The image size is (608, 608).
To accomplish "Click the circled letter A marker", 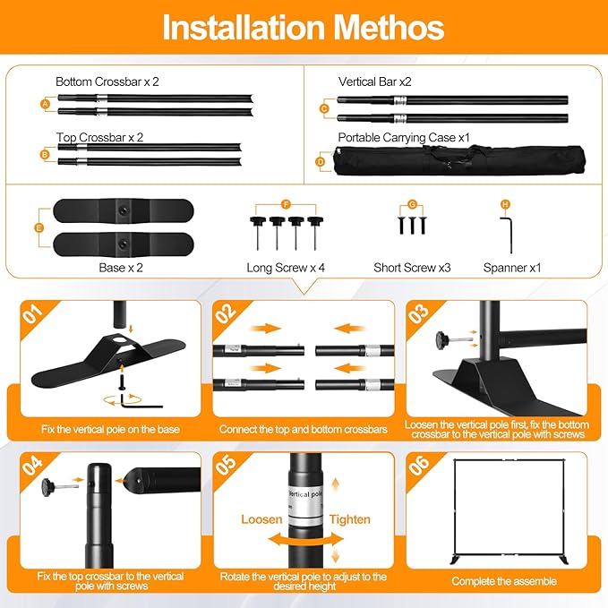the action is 46,104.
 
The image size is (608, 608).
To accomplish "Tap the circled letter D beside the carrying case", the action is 321,161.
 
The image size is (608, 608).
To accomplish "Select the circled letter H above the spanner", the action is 505,204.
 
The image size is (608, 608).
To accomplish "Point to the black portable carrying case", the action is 459,160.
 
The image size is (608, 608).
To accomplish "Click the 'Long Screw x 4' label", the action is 286,268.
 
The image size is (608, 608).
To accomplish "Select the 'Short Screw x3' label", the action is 412,268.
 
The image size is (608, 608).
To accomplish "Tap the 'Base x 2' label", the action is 121,268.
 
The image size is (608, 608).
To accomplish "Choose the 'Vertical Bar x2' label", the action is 374,81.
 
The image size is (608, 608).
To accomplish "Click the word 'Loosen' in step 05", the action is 261,519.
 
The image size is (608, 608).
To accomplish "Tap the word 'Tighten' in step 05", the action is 350,519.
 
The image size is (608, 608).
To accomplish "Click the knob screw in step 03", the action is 452,340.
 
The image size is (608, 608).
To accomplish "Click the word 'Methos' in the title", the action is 389,27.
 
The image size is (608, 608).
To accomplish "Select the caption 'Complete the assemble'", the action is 504,581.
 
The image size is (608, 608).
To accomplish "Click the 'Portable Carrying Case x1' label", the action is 404,138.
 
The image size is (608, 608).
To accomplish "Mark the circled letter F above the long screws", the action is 286,204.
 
